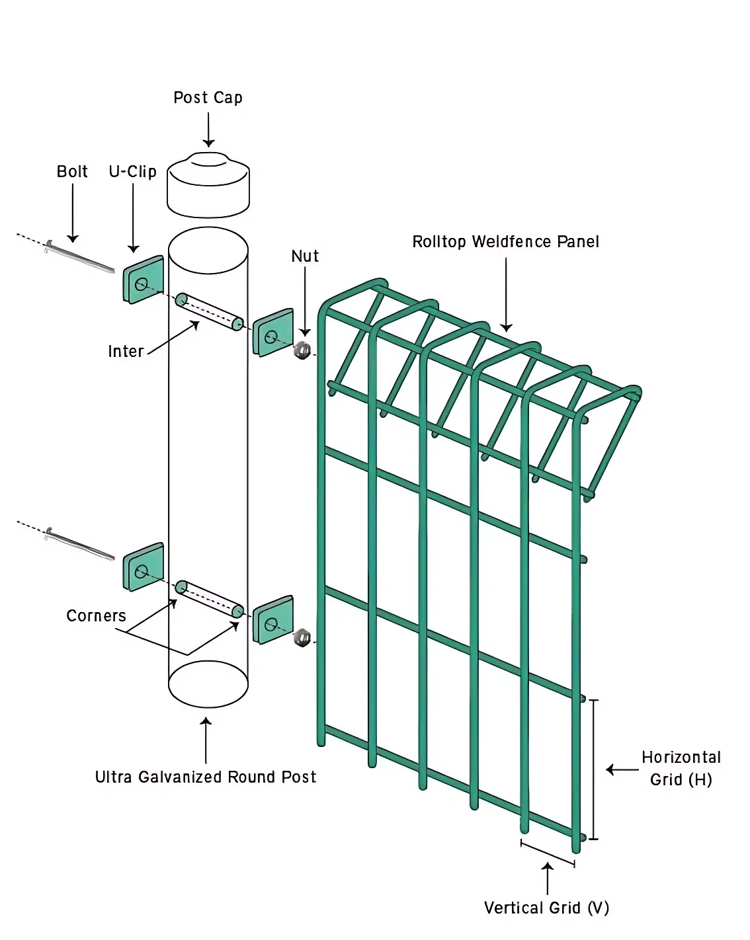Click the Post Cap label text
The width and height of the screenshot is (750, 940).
208,98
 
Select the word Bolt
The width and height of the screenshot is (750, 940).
72,172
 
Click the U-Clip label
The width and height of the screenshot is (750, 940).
132,172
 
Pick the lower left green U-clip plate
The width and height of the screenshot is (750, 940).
144,567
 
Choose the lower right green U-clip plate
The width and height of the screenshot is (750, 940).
273,620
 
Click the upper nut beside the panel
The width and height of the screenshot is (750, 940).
302,350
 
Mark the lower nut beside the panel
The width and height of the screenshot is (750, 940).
302,637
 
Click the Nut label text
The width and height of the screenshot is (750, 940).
305,256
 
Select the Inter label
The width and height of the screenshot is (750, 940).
126,352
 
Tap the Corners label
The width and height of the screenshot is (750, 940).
96,616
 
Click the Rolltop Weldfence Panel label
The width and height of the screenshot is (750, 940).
505,242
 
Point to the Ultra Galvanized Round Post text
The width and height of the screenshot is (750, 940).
205,777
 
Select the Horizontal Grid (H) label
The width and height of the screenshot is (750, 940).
681,769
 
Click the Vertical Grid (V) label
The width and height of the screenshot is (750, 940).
546,908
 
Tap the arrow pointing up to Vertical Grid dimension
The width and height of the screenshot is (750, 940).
548,879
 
